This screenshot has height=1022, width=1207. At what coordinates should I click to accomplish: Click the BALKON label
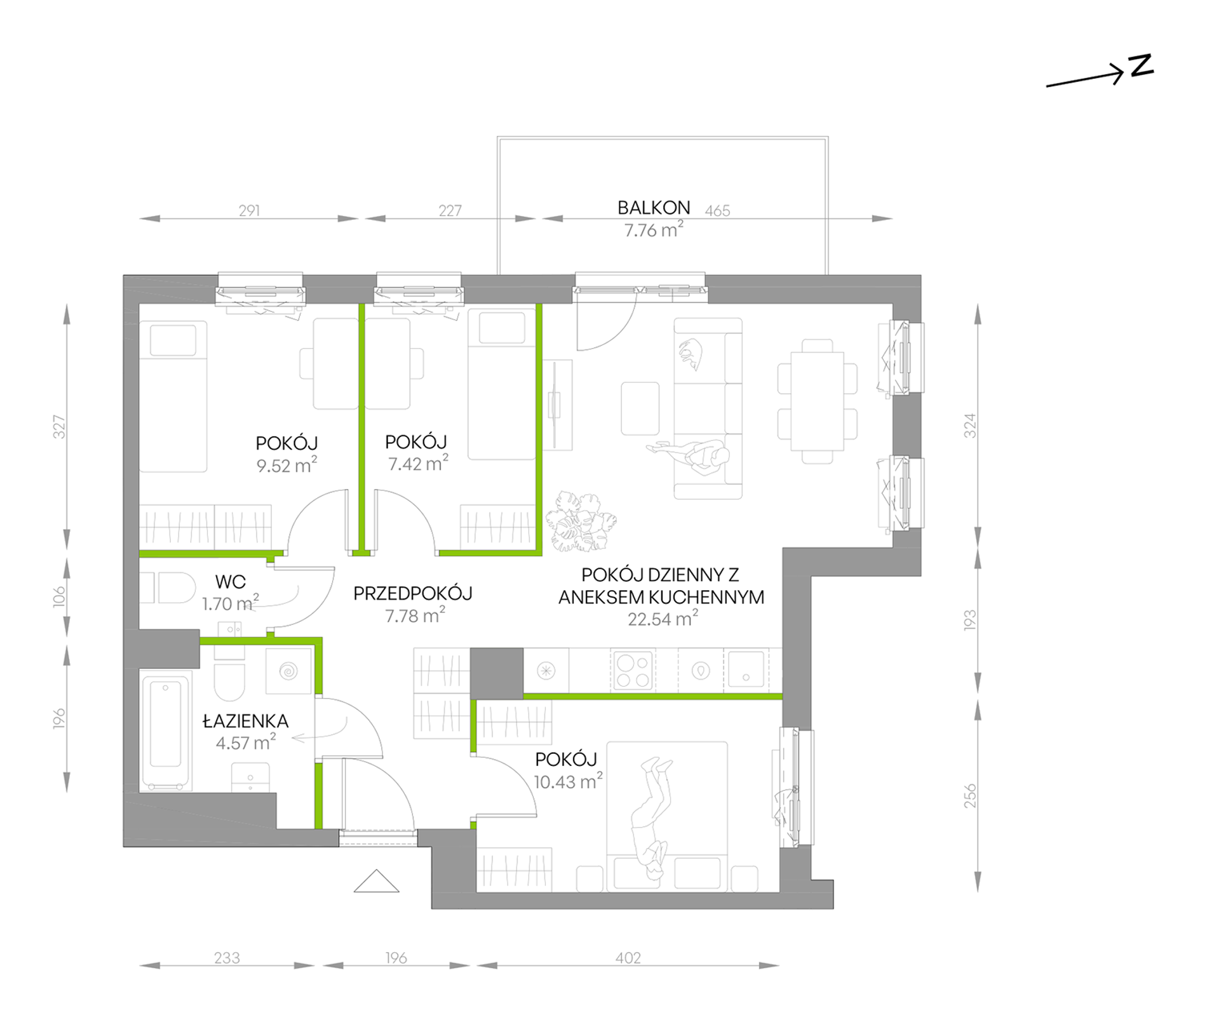coord(654,208)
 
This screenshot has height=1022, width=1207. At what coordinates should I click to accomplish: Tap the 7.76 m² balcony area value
coord(654,229)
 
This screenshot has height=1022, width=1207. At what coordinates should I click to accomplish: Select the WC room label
coord(230,582)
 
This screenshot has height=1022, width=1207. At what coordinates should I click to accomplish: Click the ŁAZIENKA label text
coord(245,720)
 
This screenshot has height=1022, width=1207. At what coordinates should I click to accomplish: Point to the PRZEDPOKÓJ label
coord(413,594)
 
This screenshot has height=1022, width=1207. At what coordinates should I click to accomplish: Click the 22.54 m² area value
coord(663,618)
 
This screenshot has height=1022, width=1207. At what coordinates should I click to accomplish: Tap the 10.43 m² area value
coord(568,781)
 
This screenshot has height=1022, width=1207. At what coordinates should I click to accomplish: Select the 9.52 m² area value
coord(287,465)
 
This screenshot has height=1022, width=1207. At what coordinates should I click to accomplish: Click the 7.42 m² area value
coord(418,463)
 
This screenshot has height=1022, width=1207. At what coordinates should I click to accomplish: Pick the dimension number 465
coord(717,211)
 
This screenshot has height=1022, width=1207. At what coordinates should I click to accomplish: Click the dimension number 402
coord(628,958)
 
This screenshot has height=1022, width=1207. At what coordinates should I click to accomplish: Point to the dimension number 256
coord(969,796)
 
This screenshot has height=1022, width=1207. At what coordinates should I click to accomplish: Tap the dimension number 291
coord(249,210)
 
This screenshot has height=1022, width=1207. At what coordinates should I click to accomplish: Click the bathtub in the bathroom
coord(166,733)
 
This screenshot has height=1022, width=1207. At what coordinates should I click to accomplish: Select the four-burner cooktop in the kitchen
coord(633,671)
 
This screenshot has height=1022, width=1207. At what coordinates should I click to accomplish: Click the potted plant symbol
coord(581,521)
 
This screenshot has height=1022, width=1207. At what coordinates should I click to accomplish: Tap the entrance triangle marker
coord(377,881)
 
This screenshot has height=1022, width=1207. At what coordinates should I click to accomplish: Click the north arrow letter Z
coord(1142,65)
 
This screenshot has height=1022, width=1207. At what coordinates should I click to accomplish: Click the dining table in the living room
coord(817,401)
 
